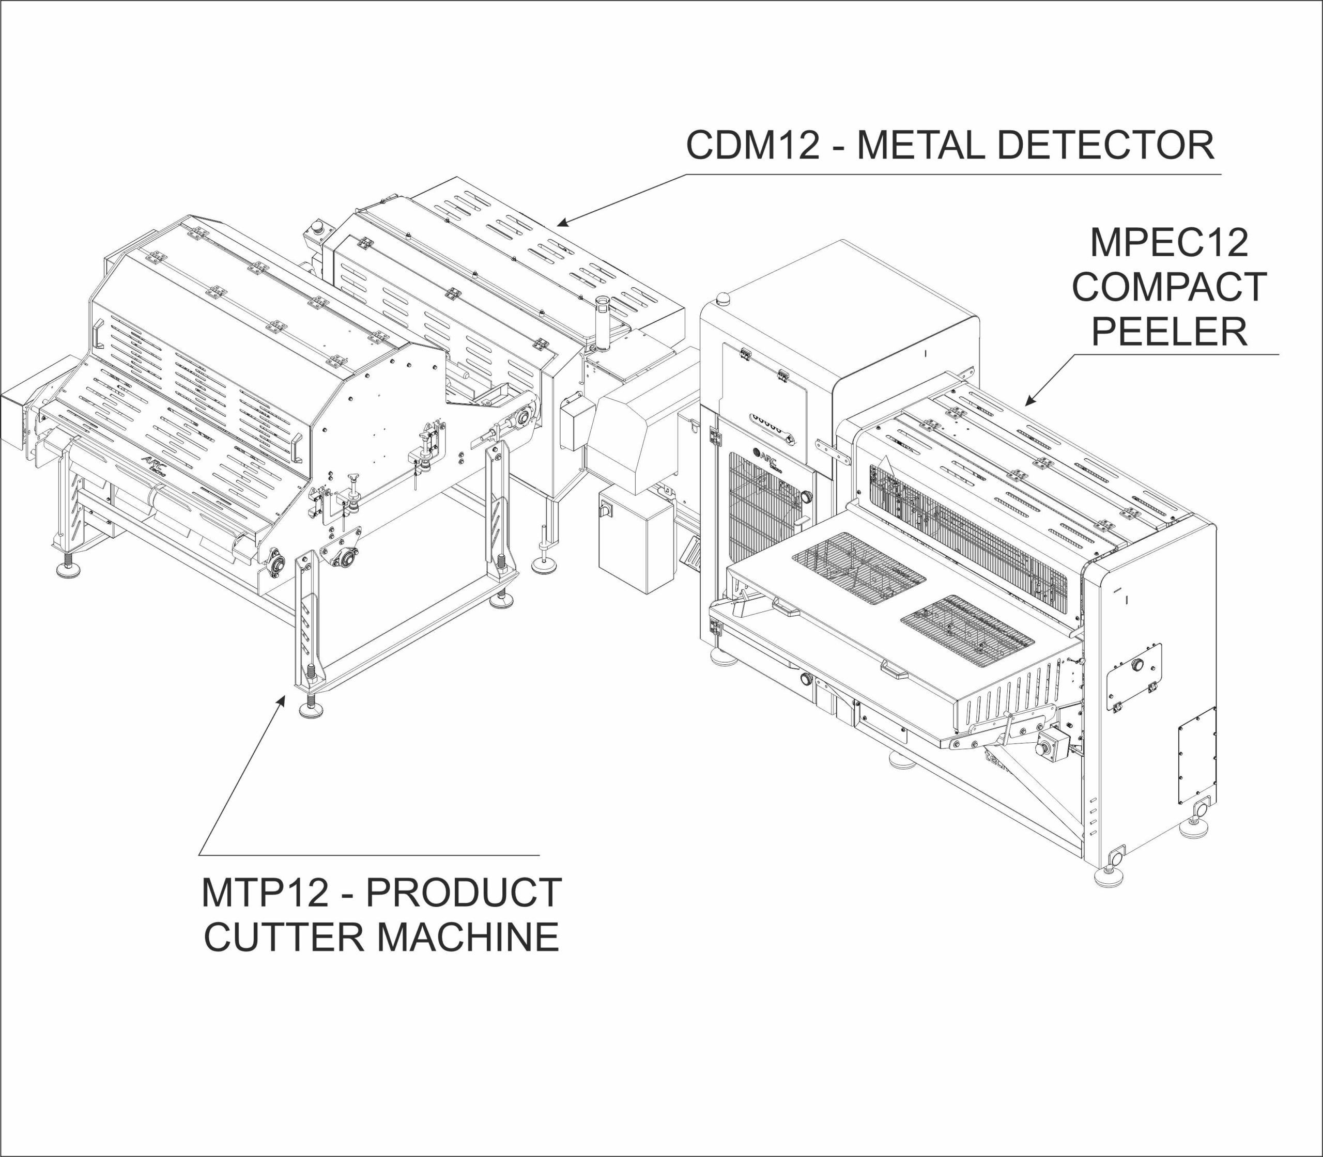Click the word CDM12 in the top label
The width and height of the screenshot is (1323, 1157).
752,145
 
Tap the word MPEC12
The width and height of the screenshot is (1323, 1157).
1168,243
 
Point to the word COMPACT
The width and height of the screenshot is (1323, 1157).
1168,287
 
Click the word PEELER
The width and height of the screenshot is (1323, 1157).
1168,332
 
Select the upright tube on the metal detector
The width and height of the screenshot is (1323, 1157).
602,323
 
